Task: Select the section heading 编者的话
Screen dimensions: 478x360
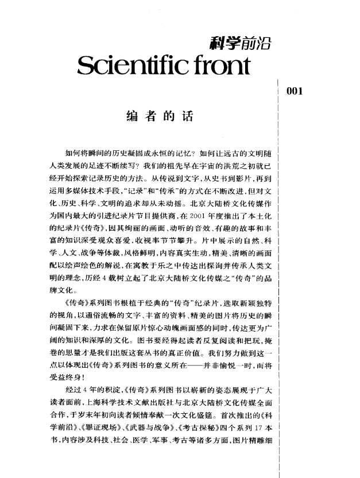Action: point(159,119)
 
